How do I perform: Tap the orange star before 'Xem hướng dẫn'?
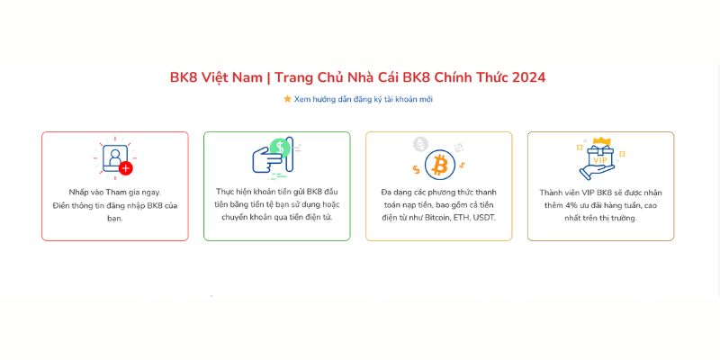287,99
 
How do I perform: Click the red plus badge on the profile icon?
126,168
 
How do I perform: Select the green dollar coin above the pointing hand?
281,147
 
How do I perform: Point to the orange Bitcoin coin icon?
440,165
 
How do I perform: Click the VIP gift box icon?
598,159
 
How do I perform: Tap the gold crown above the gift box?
605,140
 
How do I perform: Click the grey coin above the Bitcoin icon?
420,143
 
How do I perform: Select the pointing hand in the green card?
267,161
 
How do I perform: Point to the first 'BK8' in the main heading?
184,77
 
